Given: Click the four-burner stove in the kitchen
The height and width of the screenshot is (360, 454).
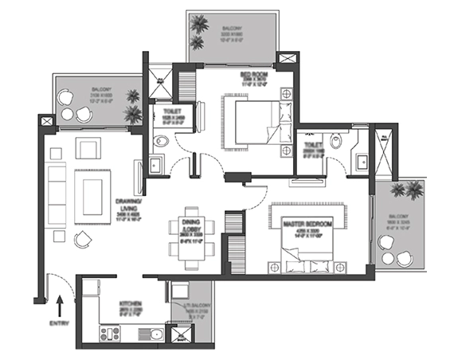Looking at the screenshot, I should [109, 334].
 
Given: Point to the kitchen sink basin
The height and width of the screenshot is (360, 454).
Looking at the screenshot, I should [157, 334].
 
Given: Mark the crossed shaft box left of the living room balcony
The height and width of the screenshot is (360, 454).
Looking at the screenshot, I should [46, 121].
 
